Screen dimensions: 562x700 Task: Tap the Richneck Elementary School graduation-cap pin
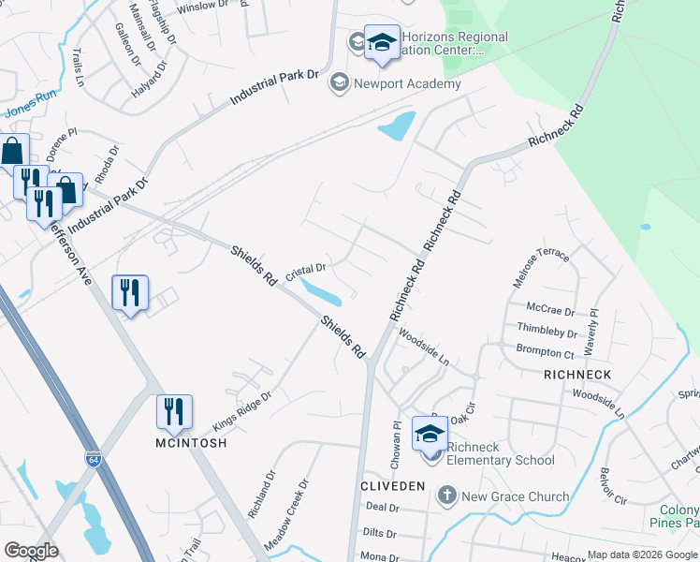tap(430, 434)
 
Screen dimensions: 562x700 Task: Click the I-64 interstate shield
tap(93, 460)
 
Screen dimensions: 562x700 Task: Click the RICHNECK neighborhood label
tap(577, 375)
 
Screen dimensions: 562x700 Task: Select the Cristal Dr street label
tap(305, 273)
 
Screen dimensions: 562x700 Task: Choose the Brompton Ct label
tap(545, 353)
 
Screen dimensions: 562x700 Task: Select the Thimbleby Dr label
tap(546, 331)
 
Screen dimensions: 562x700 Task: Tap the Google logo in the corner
tap(31, 551)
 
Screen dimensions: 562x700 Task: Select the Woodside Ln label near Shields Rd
tap(423, 345)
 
